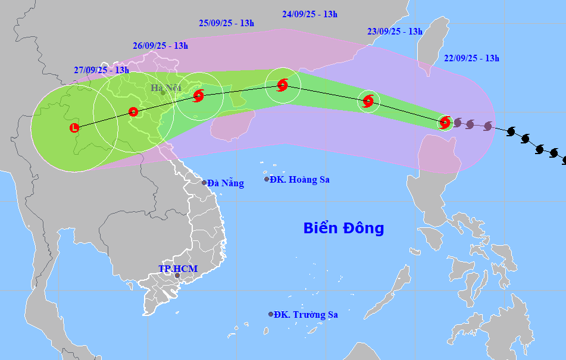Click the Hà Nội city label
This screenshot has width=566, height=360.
coord(165,89)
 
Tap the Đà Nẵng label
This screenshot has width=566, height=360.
coord(226,183)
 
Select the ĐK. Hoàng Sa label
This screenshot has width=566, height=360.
coord(299,179)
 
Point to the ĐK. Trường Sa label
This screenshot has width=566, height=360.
coord(304,314)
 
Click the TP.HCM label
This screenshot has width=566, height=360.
coord(178,269)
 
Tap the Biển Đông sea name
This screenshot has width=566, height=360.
coord(343,228)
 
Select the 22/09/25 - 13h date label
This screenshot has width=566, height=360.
coord(471,58)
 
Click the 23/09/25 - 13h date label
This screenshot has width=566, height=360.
coord(395,32)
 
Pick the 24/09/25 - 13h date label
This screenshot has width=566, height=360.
coord(309,14)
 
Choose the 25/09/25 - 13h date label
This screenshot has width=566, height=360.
coord(226,23)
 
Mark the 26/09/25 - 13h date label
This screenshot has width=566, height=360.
coord(160,45)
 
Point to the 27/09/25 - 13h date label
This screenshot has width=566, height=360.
coord(102,70)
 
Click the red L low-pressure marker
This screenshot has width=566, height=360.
coord(74,127)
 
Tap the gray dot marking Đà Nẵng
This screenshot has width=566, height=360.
coord(204,183)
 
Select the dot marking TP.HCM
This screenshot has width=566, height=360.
coord(177,276)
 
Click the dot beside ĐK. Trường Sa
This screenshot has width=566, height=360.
coord(271,314)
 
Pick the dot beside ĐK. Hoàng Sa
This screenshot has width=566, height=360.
coord(267,179)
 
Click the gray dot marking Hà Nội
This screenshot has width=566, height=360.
coord(162,93)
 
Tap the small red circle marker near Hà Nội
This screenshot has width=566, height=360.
coord(133,111)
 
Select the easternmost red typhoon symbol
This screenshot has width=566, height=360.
coord(445,123)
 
